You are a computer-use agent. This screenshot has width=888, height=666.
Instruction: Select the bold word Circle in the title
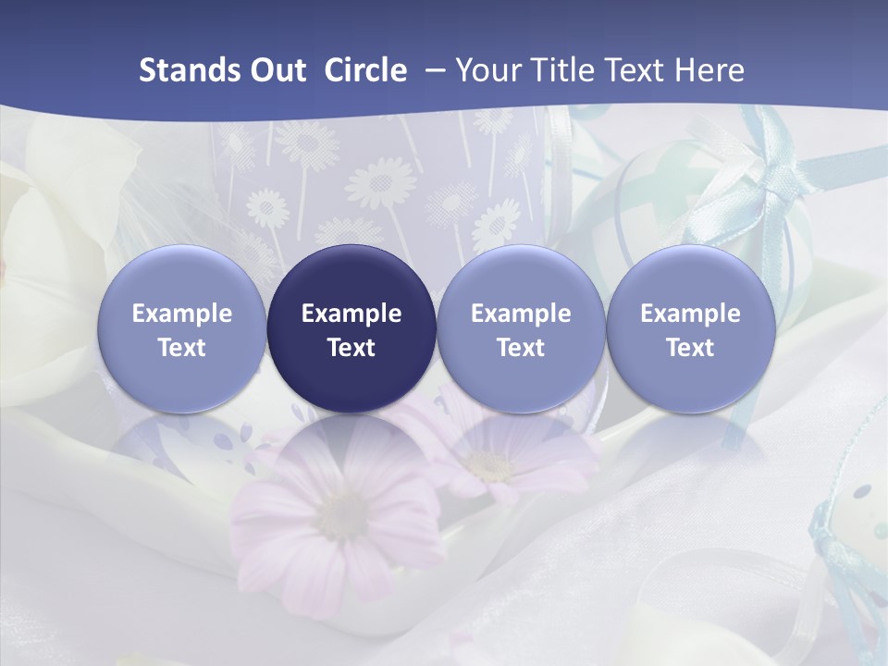[x=365, y=70]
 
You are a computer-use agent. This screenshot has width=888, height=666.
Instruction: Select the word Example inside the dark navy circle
[x=351, y=314]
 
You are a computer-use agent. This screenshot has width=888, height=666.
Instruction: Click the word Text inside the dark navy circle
[x=351, y=348]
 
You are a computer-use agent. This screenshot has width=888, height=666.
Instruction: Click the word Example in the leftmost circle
[x=182, y=314]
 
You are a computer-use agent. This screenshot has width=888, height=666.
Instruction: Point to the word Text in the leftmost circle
[x=182, y=348]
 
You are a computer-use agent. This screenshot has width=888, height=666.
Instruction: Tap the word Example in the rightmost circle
[x=690, y=314]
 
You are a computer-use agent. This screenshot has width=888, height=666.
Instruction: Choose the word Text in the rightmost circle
[x=690, y=348]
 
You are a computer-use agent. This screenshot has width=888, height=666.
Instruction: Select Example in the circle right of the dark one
[x=521, y=314]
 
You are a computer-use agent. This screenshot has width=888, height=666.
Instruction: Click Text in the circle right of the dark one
[x=521, y=348]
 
